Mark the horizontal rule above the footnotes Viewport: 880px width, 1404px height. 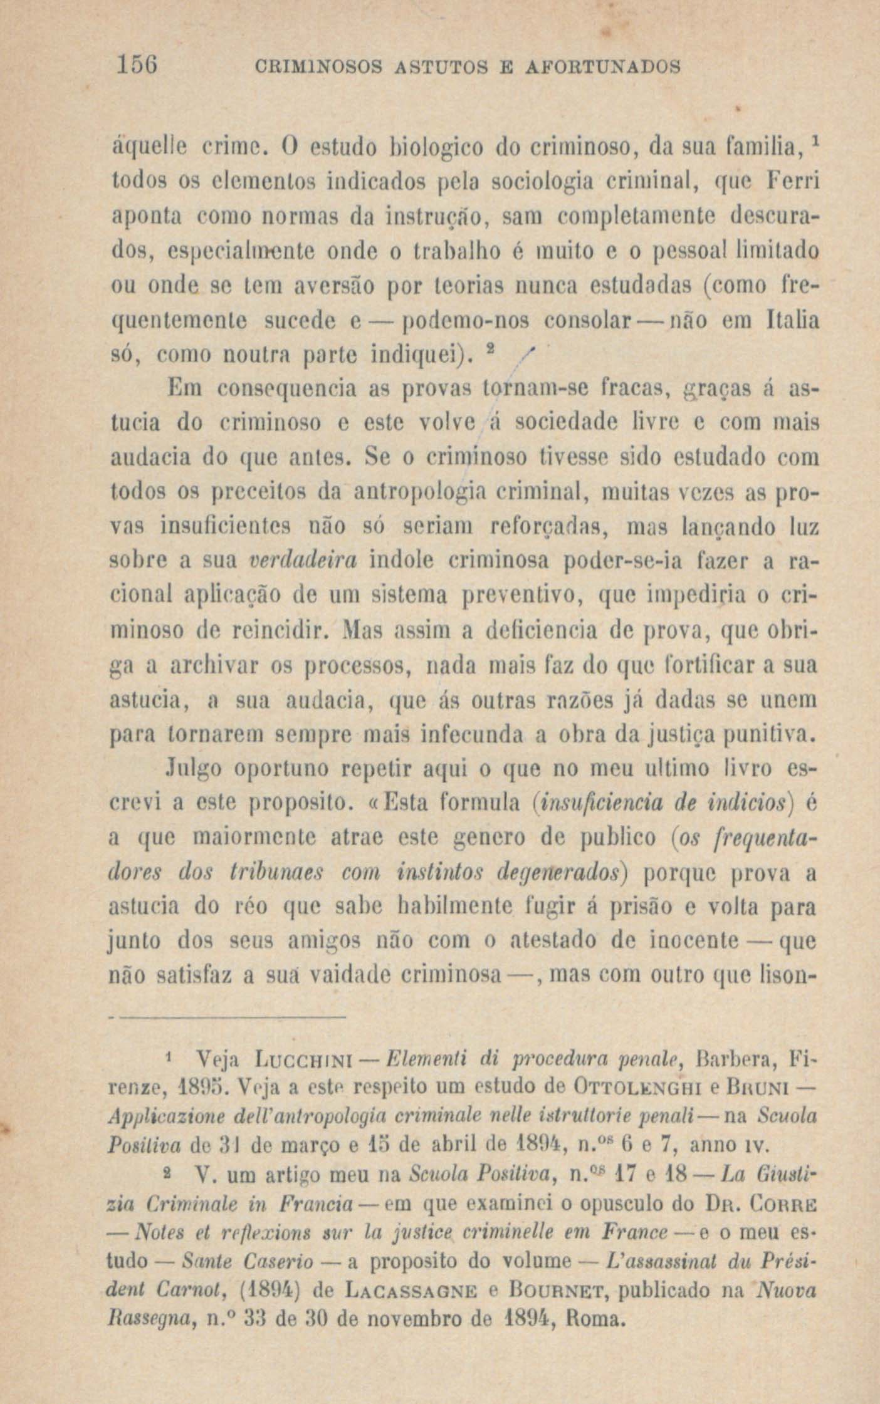tap(229, 1017)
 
